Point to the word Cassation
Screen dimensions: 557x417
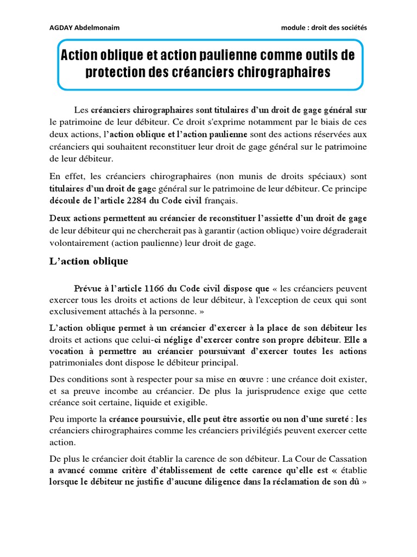[344, 459]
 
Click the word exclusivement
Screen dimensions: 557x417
[78, 312]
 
